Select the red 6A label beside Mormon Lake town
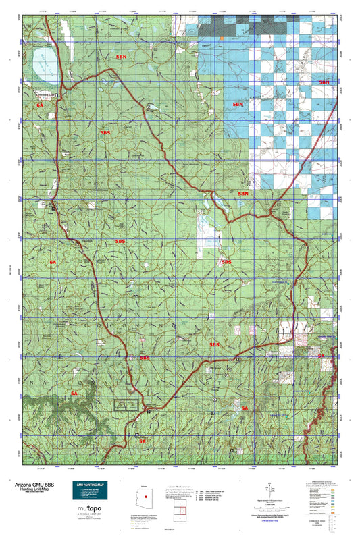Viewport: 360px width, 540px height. (40, 106)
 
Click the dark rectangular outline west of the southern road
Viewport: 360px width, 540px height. (126, 405)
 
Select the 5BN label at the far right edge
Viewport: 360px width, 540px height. (324, 82)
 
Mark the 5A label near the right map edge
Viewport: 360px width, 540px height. (322, 355)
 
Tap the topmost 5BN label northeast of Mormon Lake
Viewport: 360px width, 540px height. (121, 59)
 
